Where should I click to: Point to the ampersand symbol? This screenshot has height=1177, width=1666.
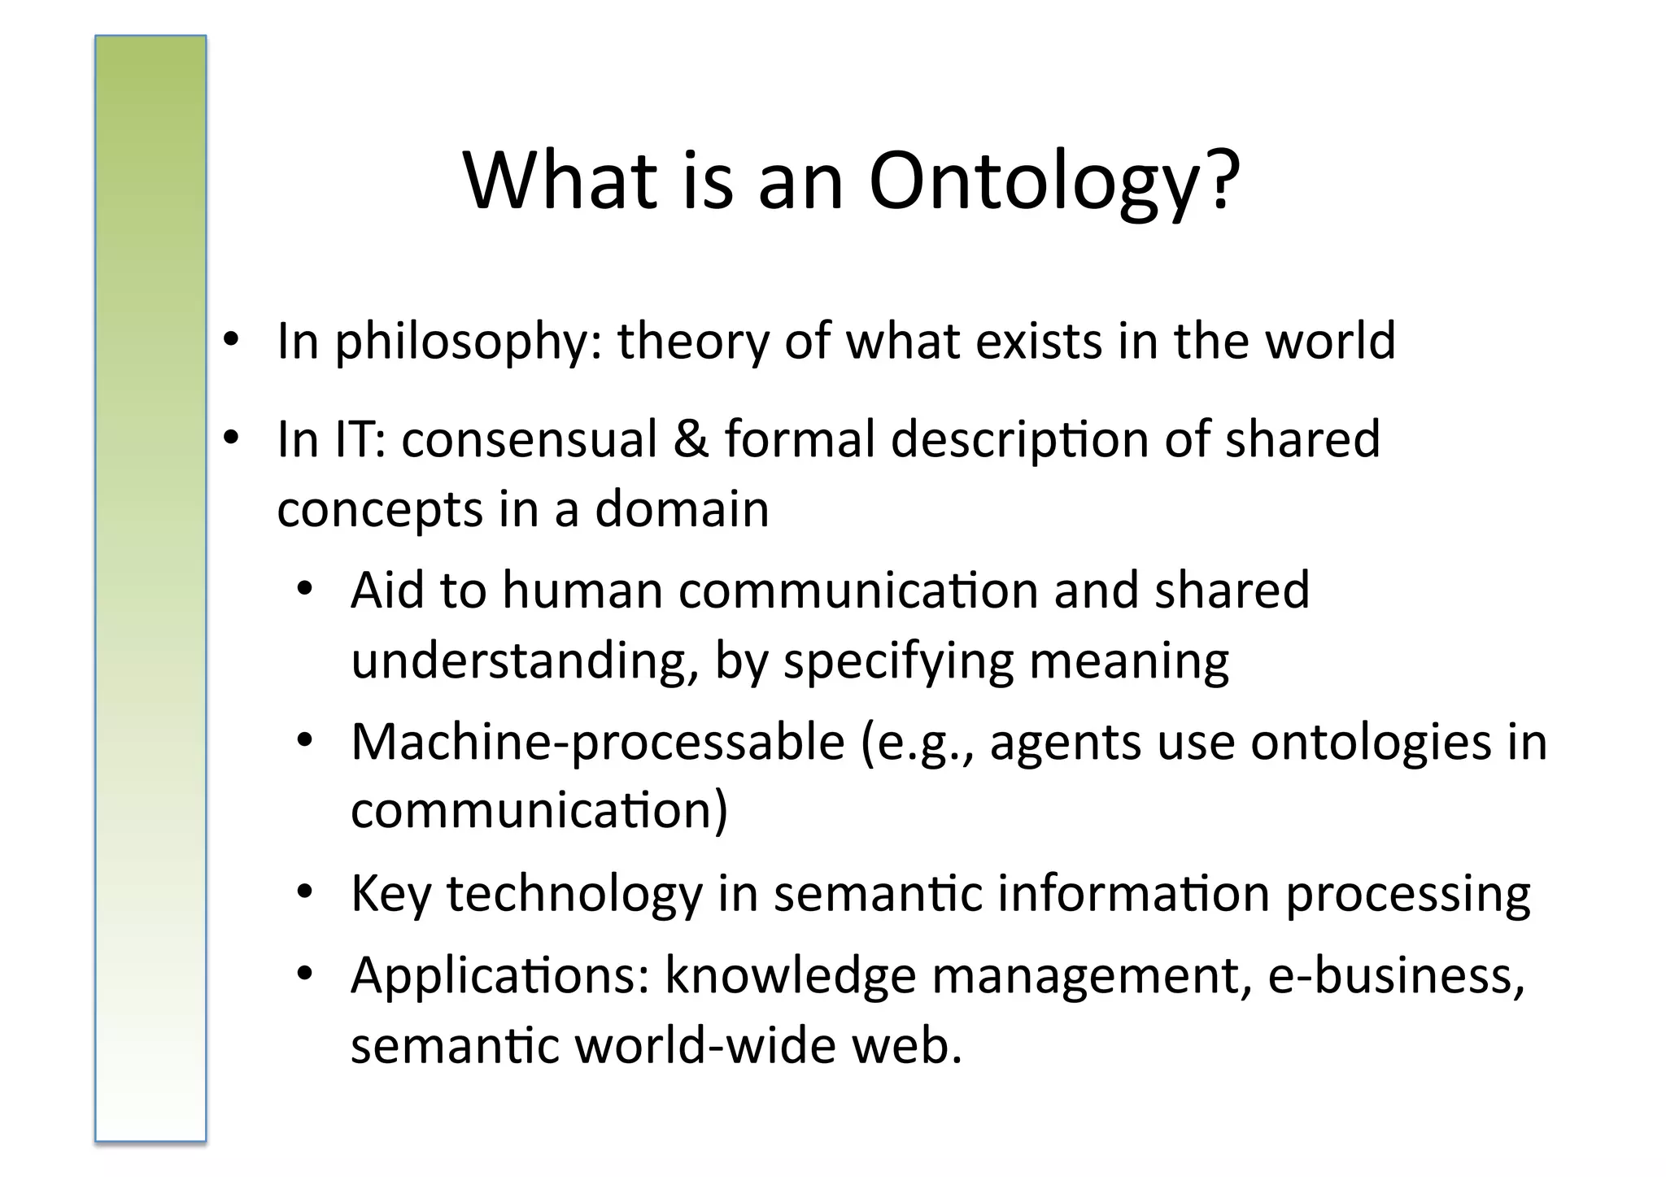(691, 439)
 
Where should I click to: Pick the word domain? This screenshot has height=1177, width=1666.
(682, 509)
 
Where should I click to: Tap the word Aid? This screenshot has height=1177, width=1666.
(387, 590)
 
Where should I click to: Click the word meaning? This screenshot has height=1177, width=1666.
(1128, 660)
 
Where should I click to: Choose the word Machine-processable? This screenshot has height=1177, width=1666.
(598, 742)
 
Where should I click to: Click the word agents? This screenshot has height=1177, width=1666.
(1066, 743)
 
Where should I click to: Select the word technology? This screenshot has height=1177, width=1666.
(574, 894)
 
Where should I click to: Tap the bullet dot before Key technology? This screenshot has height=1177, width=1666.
(304, 892)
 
